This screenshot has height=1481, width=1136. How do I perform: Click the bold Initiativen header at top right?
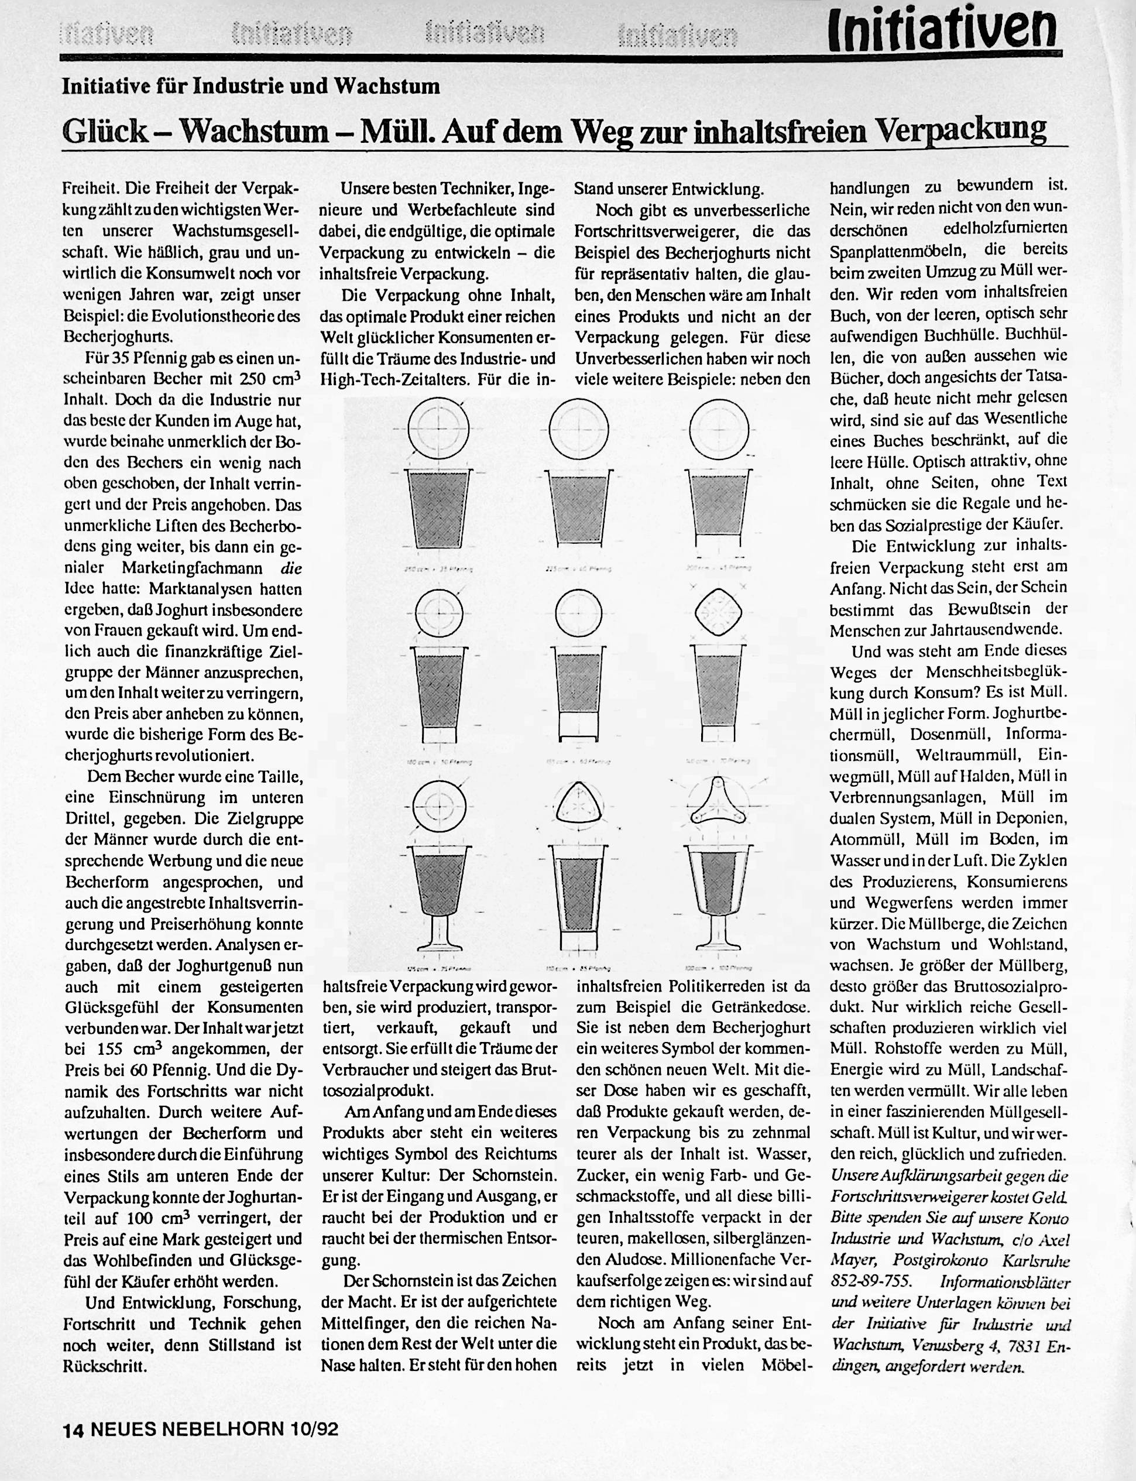(x=944, y=30)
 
